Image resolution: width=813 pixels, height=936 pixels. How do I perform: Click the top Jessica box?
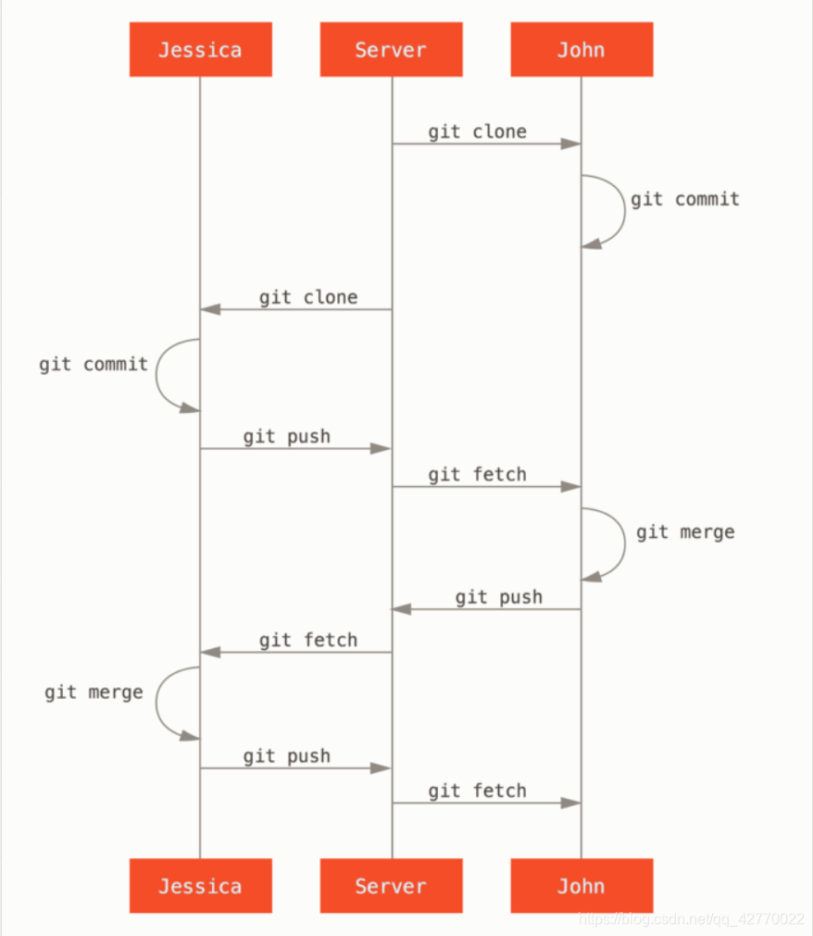click(200, 49)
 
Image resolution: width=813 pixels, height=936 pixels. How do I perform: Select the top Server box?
click(391, 49)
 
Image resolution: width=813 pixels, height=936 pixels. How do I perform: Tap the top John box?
click(582, 49)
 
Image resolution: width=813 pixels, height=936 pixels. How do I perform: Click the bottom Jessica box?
click(200, 886)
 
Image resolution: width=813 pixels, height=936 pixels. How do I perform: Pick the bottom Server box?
click(391, 886)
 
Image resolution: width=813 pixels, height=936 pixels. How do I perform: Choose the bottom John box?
click(582, 886)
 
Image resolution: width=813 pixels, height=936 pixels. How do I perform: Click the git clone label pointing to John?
click(477, 131)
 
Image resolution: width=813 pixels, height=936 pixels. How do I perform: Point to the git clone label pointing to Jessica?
click(307, 297)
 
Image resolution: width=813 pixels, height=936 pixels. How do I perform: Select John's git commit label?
click(684, 199)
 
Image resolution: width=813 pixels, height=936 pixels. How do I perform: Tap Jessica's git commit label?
click(94, 364)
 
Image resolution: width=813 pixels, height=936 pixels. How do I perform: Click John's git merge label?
click(685, 531)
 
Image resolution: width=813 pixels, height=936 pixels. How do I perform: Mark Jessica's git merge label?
click(94, 692)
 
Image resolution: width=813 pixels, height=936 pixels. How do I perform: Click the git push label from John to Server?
click(498, 597)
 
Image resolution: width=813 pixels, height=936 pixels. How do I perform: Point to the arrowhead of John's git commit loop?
click(591, 243)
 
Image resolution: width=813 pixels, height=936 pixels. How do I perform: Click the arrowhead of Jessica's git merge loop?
click(190, 736)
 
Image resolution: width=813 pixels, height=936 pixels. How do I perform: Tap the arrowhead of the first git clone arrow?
click(570, 144)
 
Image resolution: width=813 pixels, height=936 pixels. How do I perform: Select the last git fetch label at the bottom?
click(477, 791)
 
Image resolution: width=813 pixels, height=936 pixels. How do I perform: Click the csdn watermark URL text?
click(691, 919)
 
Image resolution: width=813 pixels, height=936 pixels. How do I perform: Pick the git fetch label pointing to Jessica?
click(307, 640)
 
